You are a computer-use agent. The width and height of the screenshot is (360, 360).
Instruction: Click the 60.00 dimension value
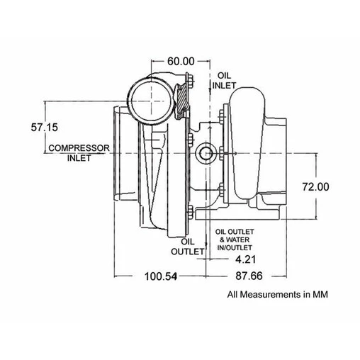coord(181,62)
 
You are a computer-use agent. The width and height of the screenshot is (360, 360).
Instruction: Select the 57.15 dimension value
coord(45,128)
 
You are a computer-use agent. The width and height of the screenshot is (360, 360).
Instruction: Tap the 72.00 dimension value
coord(315,187)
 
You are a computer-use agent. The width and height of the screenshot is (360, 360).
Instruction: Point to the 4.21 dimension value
coord(246,259)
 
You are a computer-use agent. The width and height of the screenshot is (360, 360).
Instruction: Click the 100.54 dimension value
coord(161,276)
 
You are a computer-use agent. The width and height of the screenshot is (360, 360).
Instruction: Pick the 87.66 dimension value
coord(249,276)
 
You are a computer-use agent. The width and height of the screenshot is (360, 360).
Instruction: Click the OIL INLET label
coord(224,81)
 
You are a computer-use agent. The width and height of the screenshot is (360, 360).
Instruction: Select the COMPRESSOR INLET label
coord(79,153)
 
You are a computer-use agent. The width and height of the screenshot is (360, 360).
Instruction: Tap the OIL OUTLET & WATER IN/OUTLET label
coord(235,240)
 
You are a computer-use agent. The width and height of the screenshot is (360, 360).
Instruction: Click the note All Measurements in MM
coord(278,295)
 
